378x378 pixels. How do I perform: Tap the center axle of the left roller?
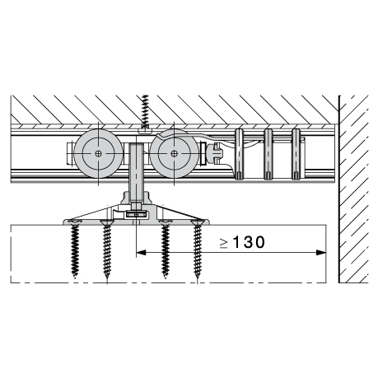pyautogui.click(x=99, y=153)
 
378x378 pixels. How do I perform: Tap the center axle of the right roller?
pyautogui.click(x=174, y=153)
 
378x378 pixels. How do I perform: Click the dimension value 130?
pyautogui.click(x=250, y=242)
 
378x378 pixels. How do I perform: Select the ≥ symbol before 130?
pyautogui.click(x=224, y=243)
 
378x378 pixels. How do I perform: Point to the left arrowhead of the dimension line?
pyautogui.click(x=141, y=253)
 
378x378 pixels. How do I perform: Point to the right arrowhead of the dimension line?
pyautogui.click(x=321, y=253)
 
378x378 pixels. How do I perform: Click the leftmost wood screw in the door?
pyautogui.click(x=75, y=249)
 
